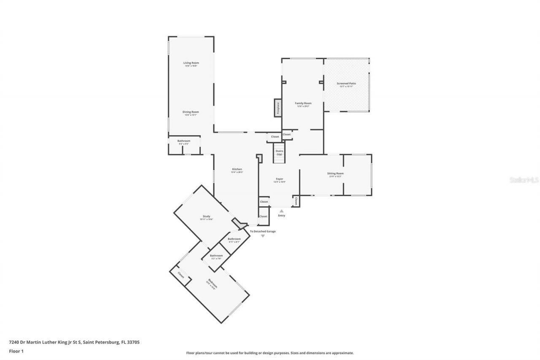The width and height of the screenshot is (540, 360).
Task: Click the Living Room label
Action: [191, 63]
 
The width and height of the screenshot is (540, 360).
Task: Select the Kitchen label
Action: [237, 169]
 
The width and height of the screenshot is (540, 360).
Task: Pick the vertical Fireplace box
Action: [278, 108]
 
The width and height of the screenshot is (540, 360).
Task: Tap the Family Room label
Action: [303, 103]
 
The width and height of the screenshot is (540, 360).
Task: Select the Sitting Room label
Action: [335, 173]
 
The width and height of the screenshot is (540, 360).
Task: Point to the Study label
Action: [206, 217]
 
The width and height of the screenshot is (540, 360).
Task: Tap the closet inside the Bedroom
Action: [181, 275]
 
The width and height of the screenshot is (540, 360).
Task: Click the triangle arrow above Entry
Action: [281, 211]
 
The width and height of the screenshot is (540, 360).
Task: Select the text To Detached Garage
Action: [262, 231]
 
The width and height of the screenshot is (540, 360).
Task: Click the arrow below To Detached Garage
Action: [262, 236]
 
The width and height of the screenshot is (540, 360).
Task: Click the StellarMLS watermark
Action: [524, 180]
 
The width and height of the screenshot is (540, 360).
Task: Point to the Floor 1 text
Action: [16, 351]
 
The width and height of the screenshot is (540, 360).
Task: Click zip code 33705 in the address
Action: [133, 342]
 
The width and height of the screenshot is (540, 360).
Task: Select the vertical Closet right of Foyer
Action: [296, 201]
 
